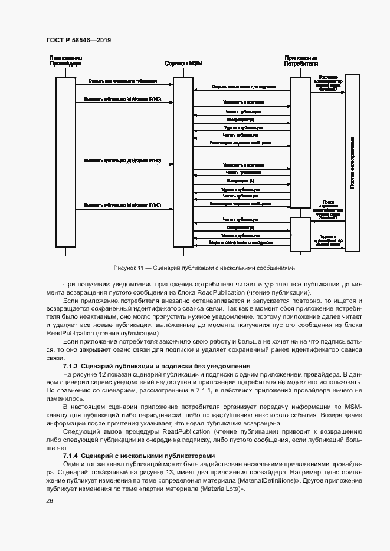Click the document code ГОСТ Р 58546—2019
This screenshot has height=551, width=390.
click(78, 40)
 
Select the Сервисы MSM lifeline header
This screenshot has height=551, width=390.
click(183, 64)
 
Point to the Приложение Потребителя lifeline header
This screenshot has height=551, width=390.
click(301, 61)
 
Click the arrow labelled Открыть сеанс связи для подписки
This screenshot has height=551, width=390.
click(243, 87)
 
